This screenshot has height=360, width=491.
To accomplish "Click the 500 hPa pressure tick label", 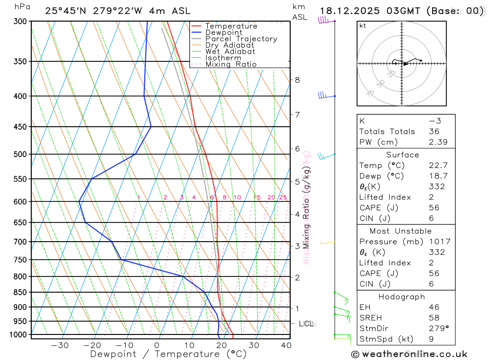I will pos(21,154).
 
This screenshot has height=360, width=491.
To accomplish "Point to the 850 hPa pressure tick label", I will pos(21,292).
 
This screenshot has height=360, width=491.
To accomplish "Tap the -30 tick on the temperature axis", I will pos(60,345).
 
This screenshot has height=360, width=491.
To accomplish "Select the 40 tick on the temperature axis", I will pos(286,345).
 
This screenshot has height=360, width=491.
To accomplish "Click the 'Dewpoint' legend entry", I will pos(224,32).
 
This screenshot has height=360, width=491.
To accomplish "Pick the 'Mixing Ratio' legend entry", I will pos(231,64).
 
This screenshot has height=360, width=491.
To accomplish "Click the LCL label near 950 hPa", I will pos(306,324).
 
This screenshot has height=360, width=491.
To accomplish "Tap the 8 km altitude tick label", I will pos(297,80).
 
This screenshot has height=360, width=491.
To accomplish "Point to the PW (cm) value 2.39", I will pos(434,142).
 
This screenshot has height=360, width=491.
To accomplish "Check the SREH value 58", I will pos(434,318).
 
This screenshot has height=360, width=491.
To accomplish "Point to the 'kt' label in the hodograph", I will pos(363,26).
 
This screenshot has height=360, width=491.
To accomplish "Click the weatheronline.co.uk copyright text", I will pos(409,354).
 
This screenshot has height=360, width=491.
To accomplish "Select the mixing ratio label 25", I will pos(283,197).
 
